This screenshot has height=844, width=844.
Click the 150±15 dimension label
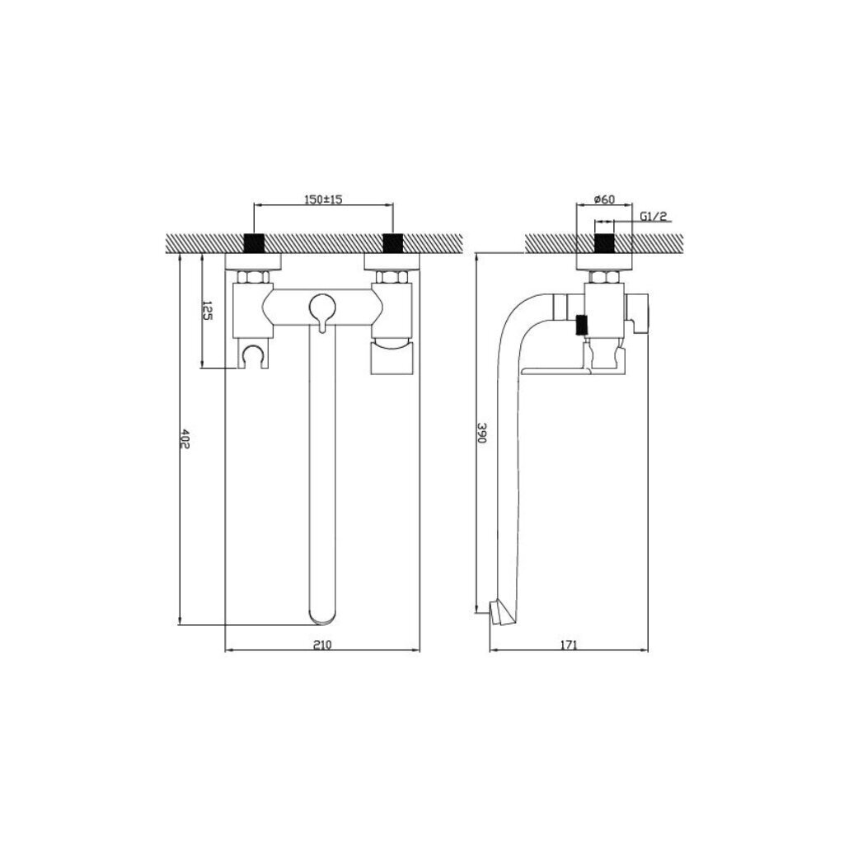pyautogui.click(x=323, y=199)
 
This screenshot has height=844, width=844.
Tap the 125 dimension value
pyautogui.click(x=207, y=311)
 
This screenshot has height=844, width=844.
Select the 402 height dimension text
pyautogui.click(x=185, y=438)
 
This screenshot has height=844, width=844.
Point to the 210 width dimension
pyautogui.click(x=322, y=645)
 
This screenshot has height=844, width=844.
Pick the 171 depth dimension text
pyautogui.click(x=569, y=645)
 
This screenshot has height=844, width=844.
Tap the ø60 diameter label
pyautogui.click(x=604, y=199)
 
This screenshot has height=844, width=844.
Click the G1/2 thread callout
pyautogui.click(x=654, y=217)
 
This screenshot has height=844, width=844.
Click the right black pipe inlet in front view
pyautogui.click(x=392, y=243)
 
